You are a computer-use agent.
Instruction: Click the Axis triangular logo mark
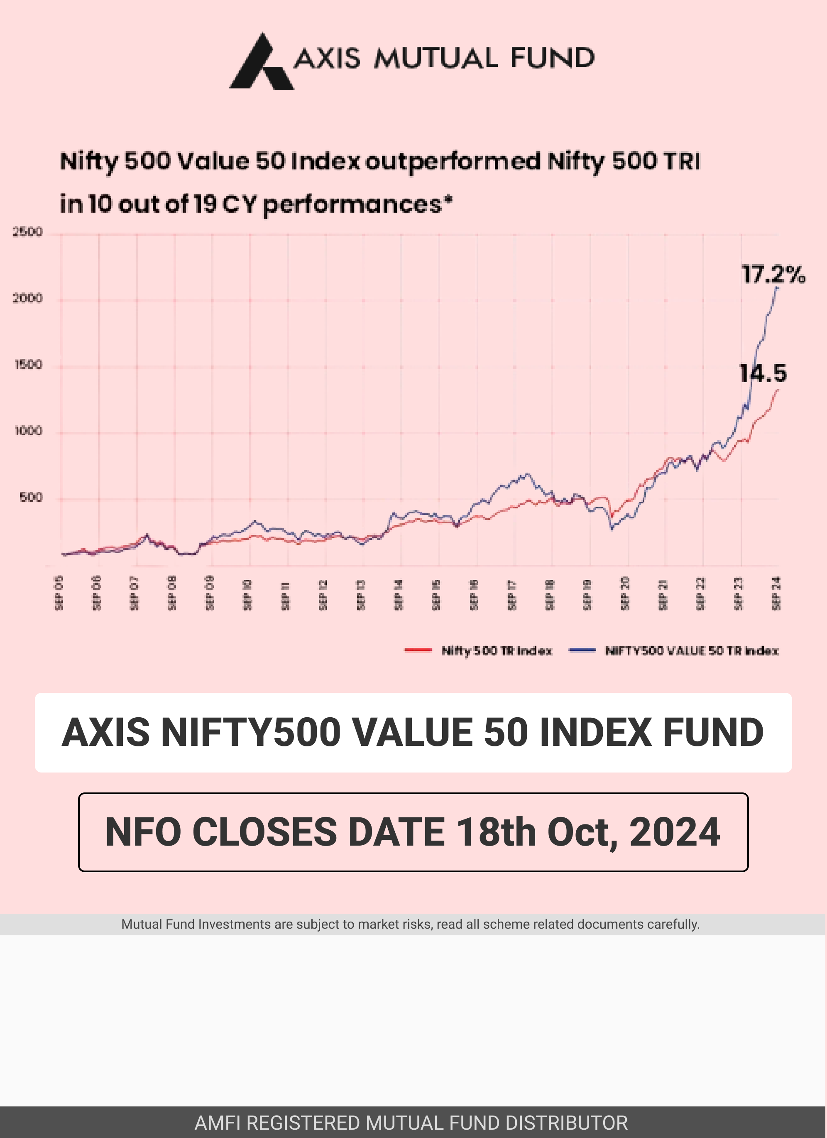tap(261, 63)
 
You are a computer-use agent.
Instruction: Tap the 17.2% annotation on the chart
tap(773, 275)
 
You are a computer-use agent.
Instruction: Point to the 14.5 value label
tap(763, 373)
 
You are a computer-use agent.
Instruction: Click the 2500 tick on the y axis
tap(27, 232)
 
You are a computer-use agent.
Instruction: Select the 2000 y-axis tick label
tap(27, 298)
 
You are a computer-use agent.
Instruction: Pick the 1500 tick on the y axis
tap(28, 364)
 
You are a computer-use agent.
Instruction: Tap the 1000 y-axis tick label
tap(28, 431)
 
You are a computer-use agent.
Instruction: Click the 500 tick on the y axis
tap(31, 497)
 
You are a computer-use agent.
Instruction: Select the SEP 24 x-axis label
tap(776, 593)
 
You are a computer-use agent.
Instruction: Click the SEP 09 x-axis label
tap(210, 593)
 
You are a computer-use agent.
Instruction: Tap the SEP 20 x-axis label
tap(625, 593)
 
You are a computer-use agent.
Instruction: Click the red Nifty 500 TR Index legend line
tap(418, 650)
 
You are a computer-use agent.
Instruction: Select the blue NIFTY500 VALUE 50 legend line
tap(582, 650)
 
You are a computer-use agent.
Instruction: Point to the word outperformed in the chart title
tap(453, 162)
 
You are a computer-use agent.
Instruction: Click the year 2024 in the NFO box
tap(675, 832)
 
